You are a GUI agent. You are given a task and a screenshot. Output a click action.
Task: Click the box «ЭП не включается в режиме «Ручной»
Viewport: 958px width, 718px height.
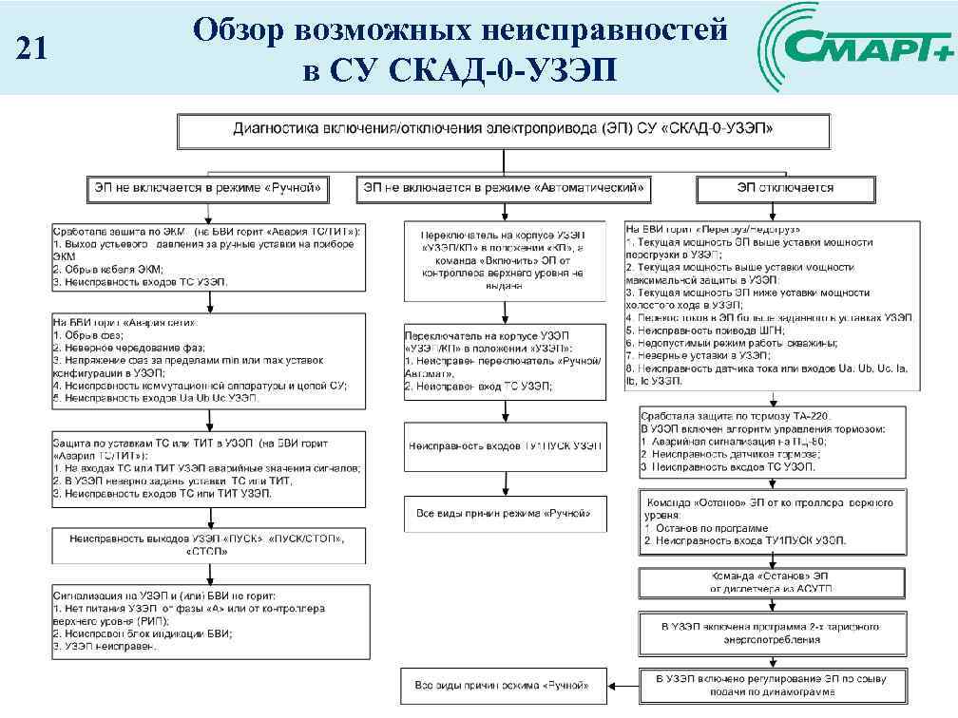coord(208,189)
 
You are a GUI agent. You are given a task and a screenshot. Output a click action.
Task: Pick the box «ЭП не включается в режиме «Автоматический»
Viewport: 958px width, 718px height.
coord(504,189)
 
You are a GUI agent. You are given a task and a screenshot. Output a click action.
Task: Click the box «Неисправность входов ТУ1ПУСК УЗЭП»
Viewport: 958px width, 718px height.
coord(505,445)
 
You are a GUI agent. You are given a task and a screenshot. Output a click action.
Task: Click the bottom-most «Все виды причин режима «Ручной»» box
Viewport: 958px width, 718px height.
coord(504,684)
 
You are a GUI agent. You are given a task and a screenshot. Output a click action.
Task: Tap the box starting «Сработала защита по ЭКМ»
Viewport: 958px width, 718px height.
coord(208,256)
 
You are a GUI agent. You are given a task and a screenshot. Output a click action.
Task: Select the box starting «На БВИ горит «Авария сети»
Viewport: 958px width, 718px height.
coord(208,361)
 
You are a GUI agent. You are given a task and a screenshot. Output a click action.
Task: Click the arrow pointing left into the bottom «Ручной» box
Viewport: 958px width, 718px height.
coord(623,684)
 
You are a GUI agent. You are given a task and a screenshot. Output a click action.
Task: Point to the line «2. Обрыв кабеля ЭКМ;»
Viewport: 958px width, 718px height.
coord(110,270)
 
